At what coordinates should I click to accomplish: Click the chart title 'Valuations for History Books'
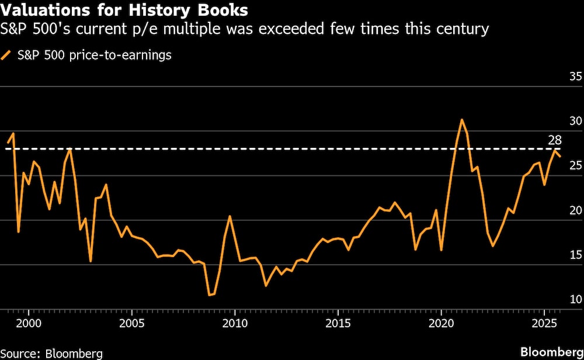(x=125, y=10)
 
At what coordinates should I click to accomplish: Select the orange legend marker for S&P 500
(x=7, y=56)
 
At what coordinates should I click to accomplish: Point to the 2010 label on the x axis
(x=234, y=323)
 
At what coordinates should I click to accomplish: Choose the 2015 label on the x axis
(x=338, y=323)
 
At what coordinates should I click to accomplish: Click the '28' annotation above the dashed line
(x=555, y=140)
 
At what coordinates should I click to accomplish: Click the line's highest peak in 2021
(x=461, y=120)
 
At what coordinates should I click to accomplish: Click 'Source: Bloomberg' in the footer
(x=51, y=353)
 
